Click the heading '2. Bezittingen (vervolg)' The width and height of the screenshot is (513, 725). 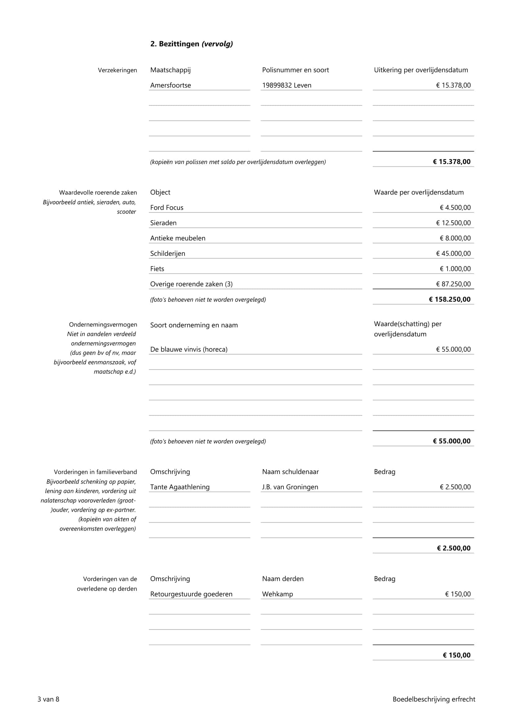click(x=191, y=44)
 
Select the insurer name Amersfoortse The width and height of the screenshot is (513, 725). click(x=171, y=85)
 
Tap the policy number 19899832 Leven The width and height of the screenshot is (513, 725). click(x=287, y=85)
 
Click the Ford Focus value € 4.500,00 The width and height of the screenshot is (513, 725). click(x=455, y=207)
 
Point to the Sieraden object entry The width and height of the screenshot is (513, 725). click(x=163, y=223)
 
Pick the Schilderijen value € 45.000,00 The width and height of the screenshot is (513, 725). click(x=453, y=254)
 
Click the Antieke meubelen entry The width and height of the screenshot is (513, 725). click(x=177, y=238)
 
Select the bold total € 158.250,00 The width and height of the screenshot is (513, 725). click(x=449, y=299)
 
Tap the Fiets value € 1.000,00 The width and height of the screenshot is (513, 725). click(x=455, y=269)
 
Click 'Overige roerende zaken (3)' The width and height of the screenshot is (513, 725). click(x=191, y=284)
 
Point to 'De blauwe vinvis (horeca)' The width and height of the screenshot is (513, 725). click(x=189, y=349)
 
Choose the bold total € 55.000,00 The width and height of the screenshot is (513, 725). click(x=451, y=441)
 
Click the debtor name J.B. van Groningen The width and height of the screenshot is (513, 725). click(x=290, y=487)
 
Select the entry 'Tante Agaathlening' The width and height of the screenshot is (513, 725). click(x=180, y=487)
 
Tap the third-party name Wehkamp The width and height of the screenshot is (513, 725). click(x=277, y=594)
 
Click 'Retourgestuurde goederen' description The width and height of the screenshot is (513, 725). click(x=191, y=594)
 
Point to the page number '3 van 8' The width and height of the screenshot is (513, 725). click(x=48, y=699)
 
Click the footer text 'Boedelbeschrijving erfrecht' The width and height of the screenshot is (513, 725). click(x=434, y=699)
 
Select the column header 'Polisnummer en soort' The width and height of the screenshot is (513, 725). click(x=295, y=70)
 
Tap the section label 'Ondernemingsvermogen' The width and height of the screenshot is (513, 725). click(x=103, y=325)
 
